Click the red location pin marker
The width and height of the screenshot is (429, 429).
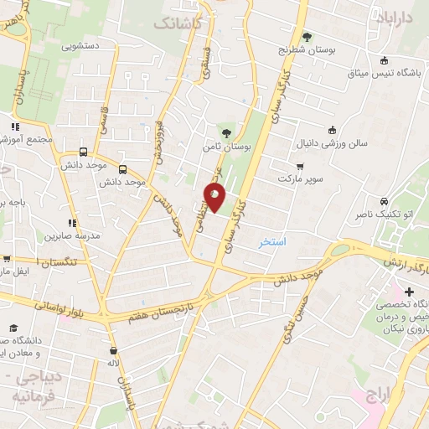[x=215, y=198]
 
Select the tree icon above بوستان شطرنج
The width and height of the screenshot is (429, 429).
[x=306, y=37]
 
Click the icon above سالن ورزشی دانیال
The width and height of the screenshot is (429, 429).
[x=333, y=130]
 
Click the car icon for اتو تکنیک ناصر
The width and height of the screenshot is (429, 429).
[x=383, y=202]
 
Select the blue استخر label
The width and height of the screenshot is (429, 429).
[x=271, y=242]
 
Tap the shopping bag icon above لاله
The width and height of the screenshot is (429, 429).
[x=113, y=351]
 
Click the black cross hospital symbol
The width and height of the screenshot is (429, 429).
[x=409, y=292]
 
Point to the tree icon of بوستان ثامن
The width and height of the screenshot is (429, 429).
[x=225, y=132]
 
